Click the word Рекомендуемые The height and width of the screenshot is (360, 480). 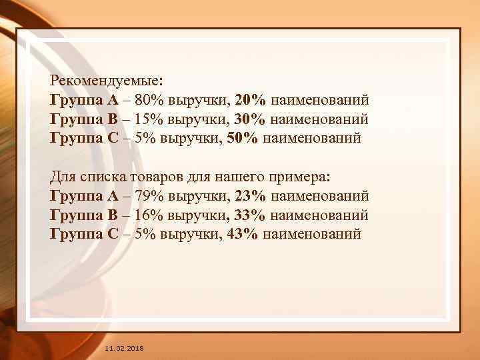tap(105, 81)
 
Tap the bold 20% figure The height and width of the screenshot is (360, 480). tap(251, 100)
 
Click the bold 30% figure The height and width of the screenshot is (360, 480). tap(251, 119)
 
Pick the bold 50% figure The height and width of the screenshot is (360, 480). tap(244, 139)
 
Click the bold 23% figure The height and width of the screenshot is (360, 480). tap(251, 196)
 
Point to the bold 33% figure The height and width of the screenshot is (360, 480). tap(251, 215)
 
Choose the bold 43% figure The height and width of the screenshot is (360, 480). tap(244, 234)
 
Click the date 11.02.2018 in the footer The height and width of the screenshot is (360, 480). tap(124, 349)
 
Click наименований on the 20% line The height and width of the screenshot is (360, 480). tap(319, 100)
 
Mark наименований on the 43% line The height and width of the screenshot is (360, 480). tap(313, 234)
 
